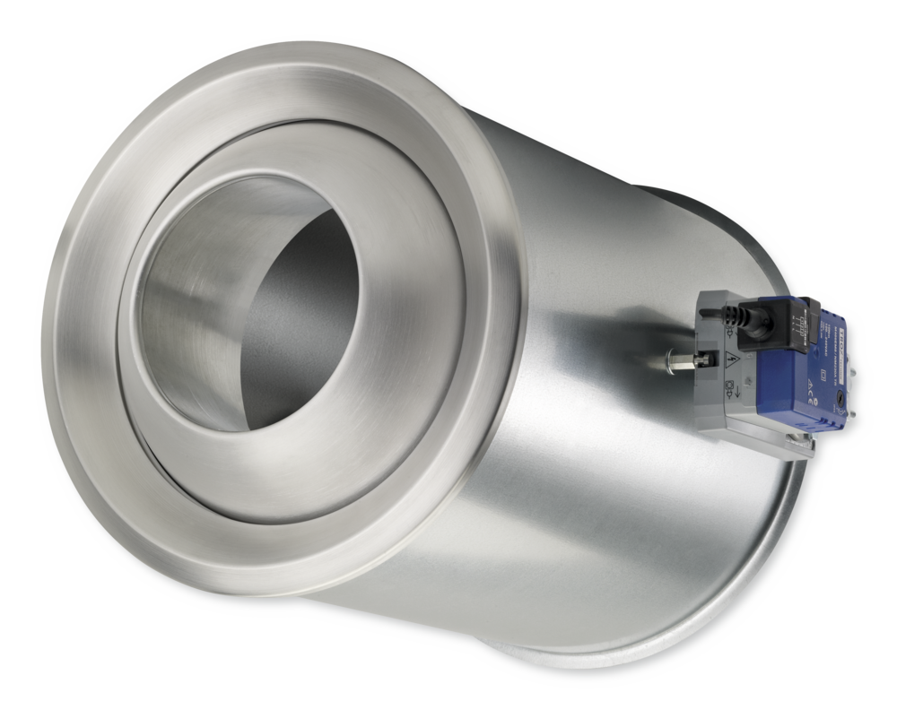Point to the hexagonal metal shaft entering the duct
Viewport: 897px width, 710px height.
point(683,362)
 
